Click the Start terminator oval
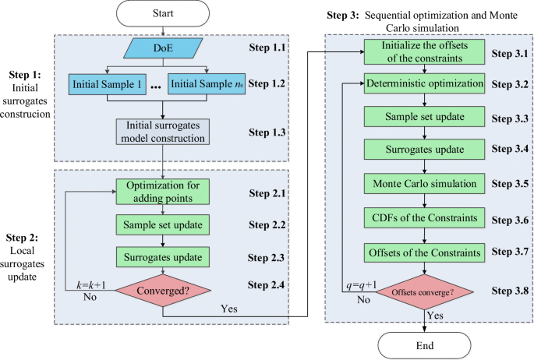tap(163, 13)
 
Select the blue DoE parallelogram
tap(163, 48)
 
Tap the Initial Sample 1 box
tap(108, 84)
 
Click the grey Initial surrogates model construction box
tap(163, 132)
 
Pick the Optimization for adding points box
tap(163, 192)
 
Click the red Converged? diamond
tap(163, 291)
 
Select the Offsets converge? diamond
tap(424, 292)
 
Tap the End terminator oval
tap(424, 346)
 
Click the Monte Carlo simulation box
tap(424, 184)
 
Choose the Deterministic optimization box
tap(424, 83)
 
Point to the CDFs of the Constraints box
tap(424, 217)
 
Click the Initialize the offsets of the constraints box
tap(424, 51)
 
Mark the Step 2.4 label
tap(266, 284)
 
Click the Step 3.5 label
tap(510, 184)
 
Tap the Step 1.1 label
tap(267, 48)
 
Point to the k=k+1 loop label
tap(91, 284)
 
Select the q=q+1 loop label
tap(362, 285)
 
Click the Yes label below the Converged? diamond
tap(229, 309)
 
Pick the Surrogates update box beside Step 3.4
tap(424, 149)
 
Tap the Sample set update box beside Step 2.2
tap(163, 224)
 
